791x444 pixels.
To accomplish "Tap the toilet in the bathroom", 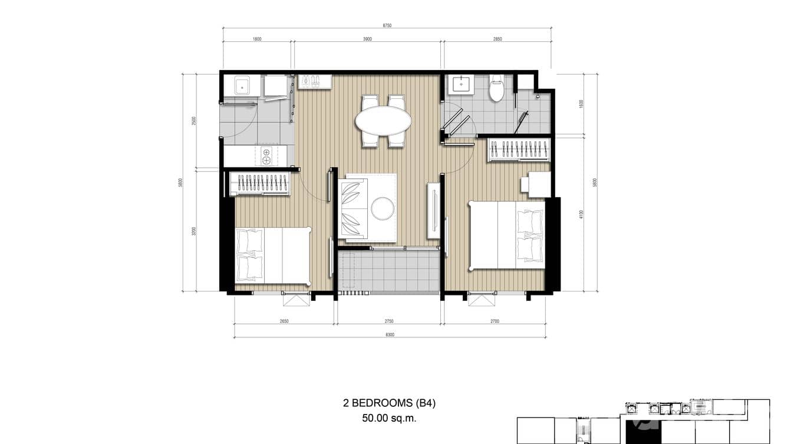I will tap(497, 88).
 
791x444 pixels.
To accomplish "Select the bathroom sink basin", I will tap(460, 85).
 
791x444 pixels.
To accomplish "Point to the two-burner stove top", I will tap(266, 156).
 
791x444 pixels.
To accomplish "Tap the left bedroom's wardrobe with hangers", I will tap(260, 184).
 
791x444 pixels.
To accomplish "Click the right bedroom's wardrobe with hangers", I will tap(519, 150).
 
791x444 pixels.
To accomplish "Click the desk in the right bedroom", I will tap(539, 184).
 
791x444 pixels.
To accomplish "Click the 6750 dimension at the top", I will tap(387, 25).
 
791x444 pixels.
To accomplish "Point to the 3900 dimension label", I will tap(367, 39).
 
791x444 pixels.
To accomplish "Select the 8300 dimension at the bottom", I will tap(390, 334).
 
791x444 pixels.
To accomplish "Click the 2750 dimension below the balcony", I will tap(388, 322).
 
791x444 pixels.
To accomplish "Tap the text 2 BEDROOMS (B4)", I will tap(389, 403).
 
